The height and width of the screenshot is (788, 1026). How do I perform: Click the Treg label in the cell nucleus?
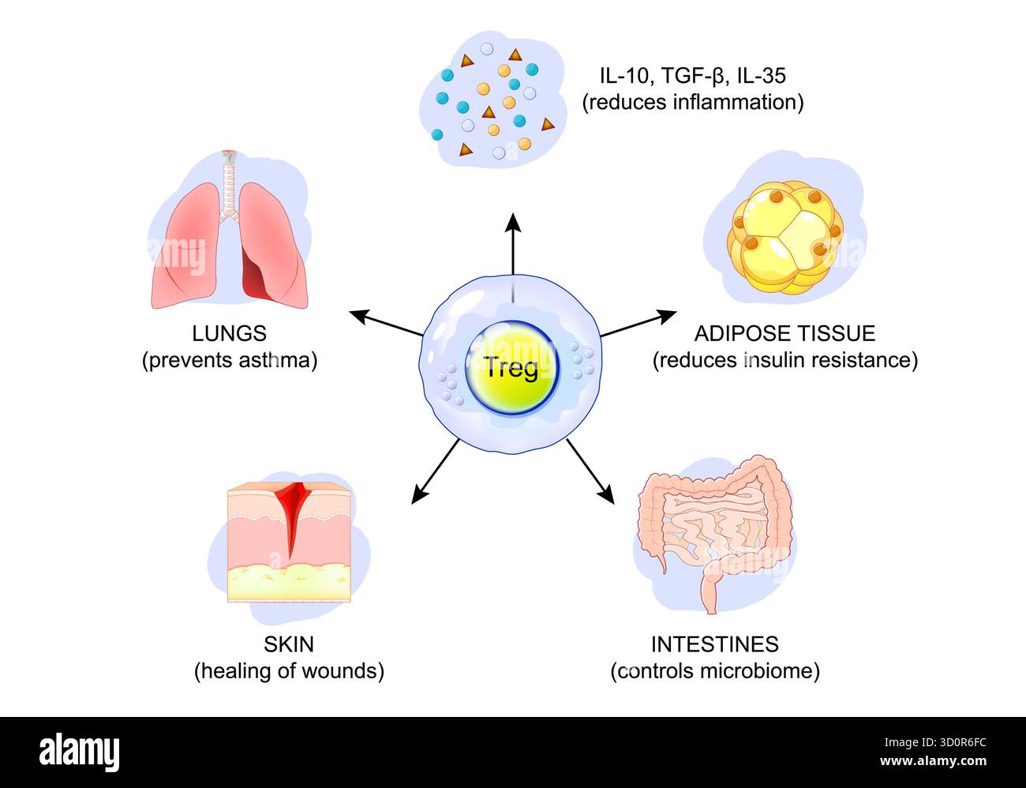pyautogui.click(x=511, y=367)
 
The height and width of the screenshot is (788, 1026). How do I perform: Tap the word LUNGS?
pyautogui.click(x=229, y=333)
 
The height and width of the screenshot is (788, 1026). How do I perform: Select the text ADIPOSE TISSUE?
pyautogui.click(x=784, y=333)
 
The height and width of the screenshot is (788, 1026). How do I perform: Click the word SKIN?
pyautogui.click(x=288, y=644)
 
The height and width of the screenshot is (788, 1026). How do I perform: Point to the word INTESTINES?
pyautogui.click(x=714, y=644)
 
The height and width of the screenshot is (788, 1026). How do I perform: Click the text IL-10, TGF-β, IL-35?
pyautogui.click(x=692, y=76)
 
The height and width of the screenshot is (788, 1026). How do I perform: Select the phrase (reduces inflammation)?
pyautogui.click(x=692, y=102)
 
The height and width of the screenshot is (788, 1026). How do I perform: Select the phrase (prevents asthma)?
pyautogui.click(x=229, y=361)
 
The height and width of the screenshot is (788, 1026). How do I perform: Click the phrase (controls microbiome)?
pyautogui.click(x=714, y=671)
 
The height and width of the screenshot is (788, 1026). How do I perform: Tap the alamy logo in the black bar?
pyautogui.click(x=79, y=752)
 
